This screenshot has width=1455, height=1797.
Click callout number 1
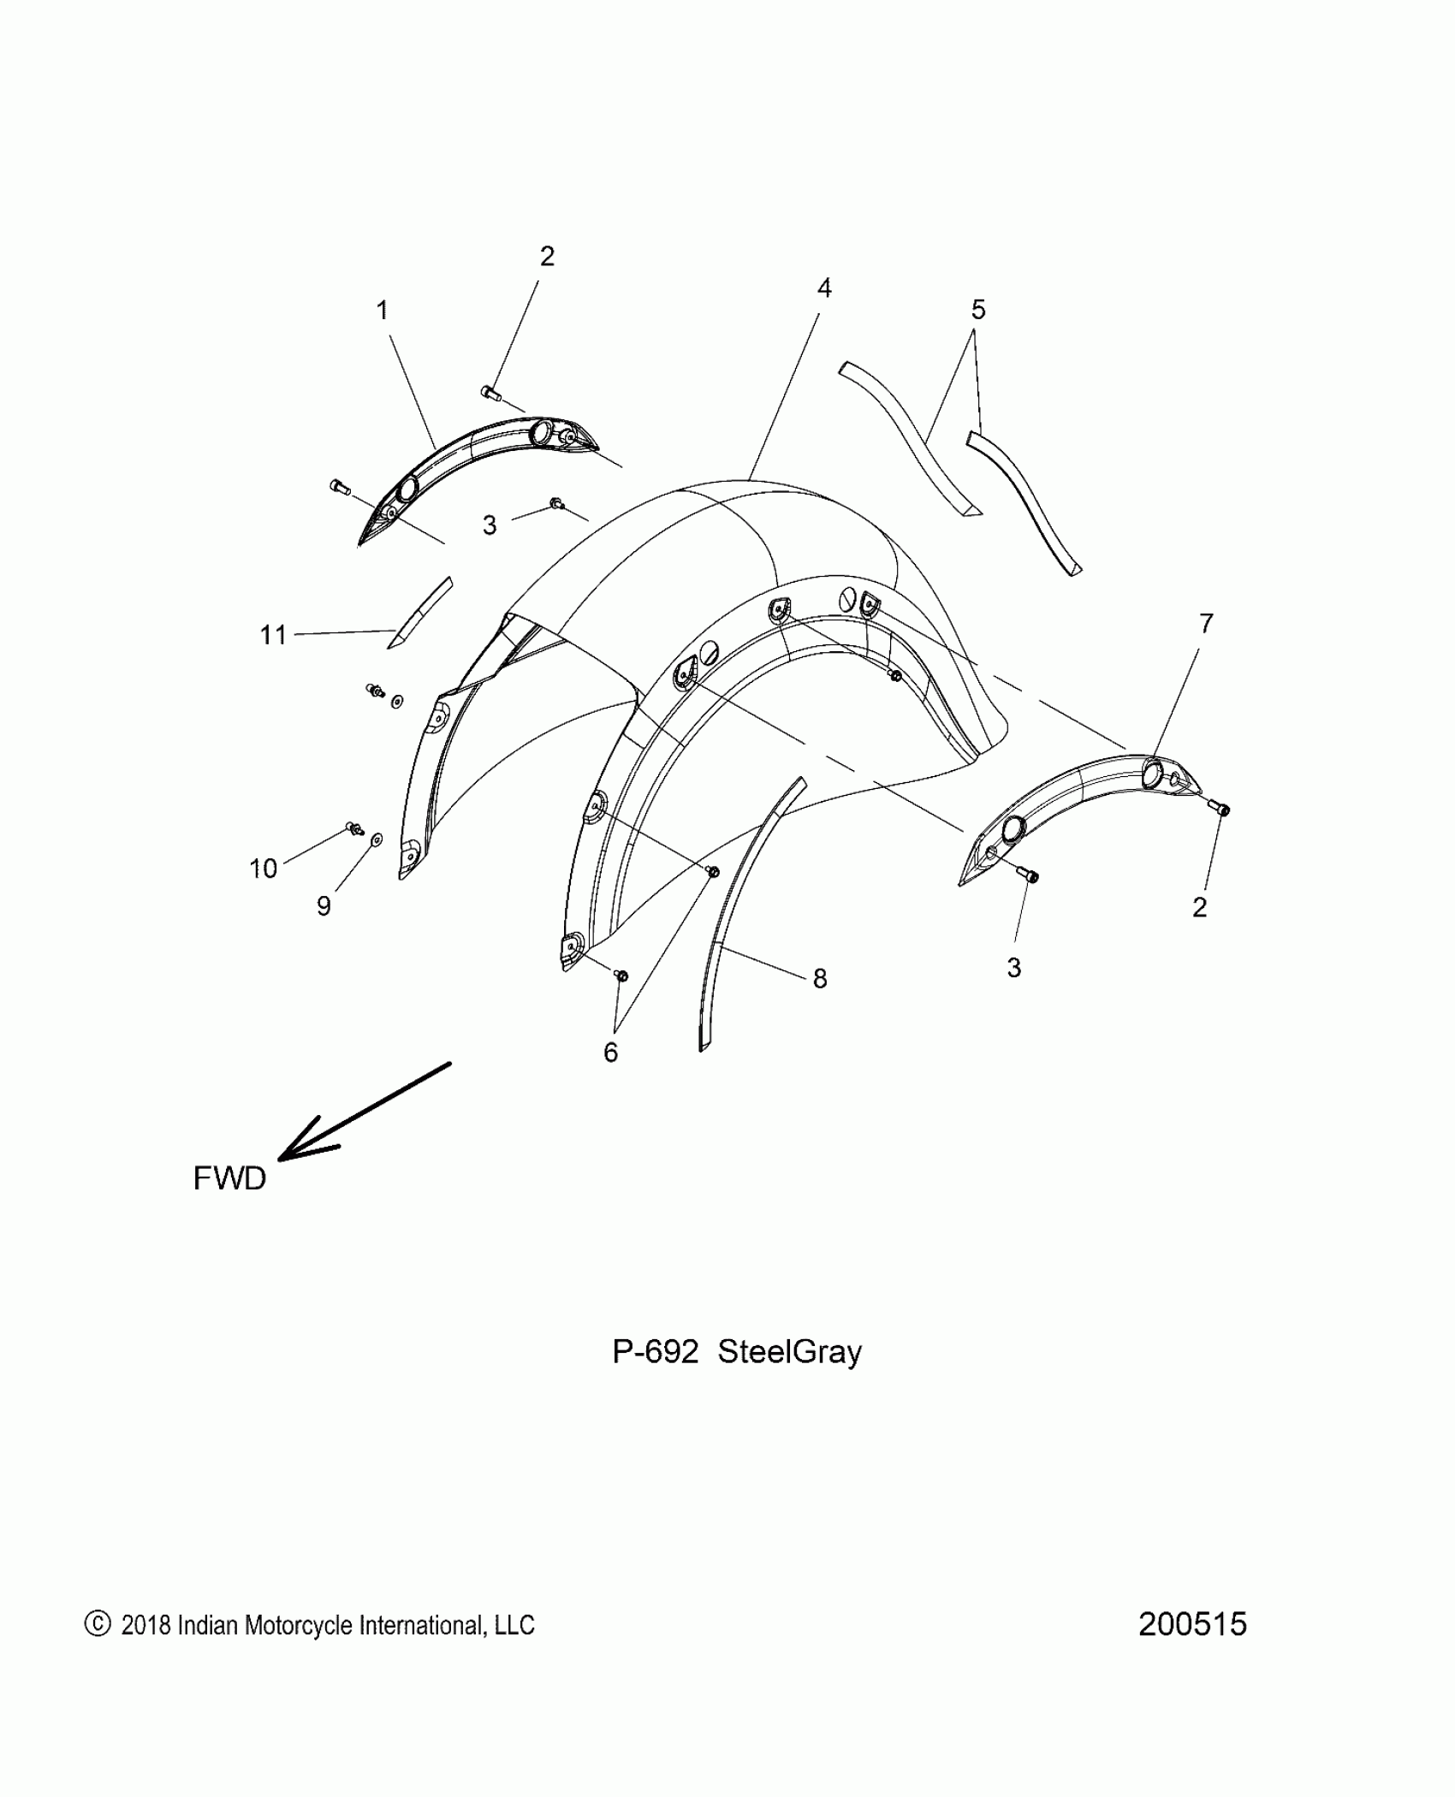pyautogui.click(x=383, y=310)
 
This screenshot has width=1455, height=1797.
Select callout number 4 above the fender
pyautogui.click(x=823, y=288)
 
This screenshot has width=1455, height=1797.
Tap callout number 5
pyautogui.click(x=978, y=309)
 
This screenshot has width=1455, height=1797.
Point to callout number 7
pyautogui.click(x=1206, y=624)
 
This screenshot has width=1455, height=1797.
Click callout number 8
pyautogui.click(x=820, y=978)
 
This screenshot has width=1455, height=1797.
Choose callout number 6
pyautogui.click(x=610, y=1053)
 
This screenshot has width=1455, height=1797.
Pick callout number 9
pyautogui.click(x=324, y=905)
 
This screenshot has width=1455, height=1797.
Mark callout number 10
pyautogui.click(x=264, y=869)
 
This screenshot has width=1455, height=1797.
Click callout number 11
pyautogui.click(x=273, y=635)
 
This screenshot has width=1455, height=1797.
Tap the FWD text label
pyautogui.click(x=229, y=1179)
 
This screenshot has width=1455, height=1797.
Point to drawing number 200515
pyautogui.click(x=1192, y=1623)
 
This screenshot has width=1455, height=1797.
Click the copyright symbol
pyautogui.click(x=98, y=1624)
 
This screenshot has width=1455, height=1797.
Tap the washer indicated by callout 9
pyautogui.click(x=377, y=841)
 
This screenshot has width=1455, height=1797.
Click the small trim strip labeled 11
pyautogui.click(x=419, y=613)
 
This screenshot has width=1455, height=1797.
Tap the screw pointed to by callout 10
pyautogui.click(x=353, y=827)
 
